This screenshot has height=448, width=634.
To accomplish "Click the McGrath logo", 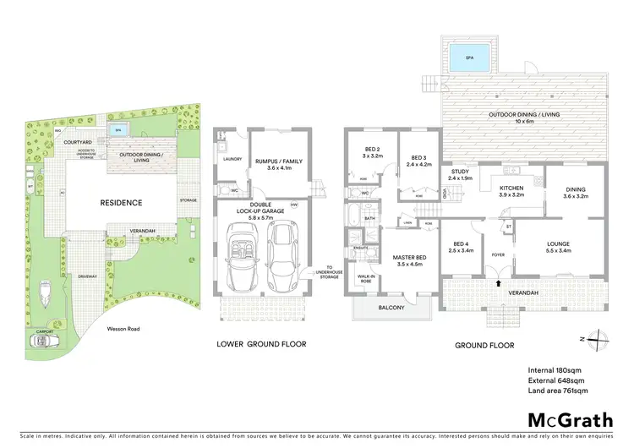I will pyautogui.click(x=566, y=420).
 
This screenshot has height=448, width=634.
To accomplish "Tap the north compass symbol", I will pyautogui.click(x=598, y=338).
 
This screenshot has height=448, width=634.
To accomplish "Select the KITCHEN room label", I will pyautogui.click(x=512, y=188).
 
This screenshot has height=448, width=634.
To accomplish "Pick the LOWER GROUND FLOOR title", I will pyautogui.click(x=261, y=344).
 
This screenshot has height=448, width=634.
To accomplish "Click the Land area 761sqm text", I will pyautogui.click(x=558, y=391).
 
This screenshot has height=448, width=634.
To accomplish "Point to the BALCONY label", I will pyautogui.click(x=391, y=308).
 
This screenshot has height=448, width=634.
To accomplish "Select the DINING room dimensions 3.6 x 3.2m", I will pyautogui.click(x=567, y=197).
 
